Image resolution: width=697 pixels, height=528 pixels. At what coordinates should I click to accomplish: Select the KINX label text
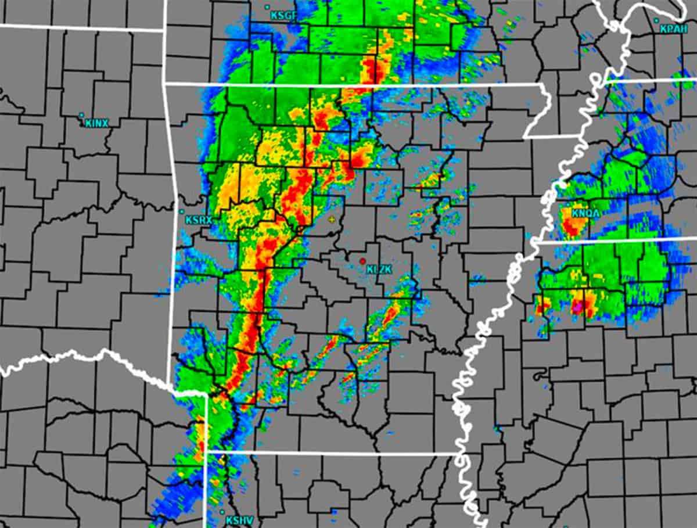pos(96,123)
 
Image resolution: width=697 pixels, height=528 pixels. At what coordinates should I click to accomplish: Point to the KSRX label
pos(199,220)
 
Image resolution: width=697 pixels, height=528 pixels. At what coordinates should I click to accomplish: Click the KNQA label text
pos(585,214)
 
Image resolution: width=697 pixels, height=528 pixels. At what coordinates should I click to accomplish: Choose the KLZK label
pos(380,269)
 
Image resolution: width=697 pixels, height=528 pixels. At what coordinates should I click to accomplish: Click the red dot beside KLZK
pos(362,261)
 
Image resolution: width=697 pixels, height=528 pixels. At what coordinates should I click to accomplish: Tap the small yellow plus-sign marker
pos(332,219)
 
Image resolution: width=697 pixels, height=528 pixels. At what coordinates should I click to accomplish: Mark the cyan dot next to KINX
pos(81,115)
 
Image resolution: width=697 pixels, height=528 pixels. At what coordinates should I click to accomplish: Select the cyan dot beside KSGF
pos(267,7)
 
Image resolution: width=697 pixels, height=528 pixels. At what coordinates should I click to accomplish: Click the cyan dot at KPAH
pos(656,20)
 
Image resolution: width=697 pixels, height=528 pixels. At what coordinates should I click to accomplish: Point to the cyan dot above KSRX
pos(182,211)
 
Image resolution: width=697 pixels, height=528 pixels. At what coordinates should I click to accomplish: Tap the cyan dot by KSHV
pos(223,512)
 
